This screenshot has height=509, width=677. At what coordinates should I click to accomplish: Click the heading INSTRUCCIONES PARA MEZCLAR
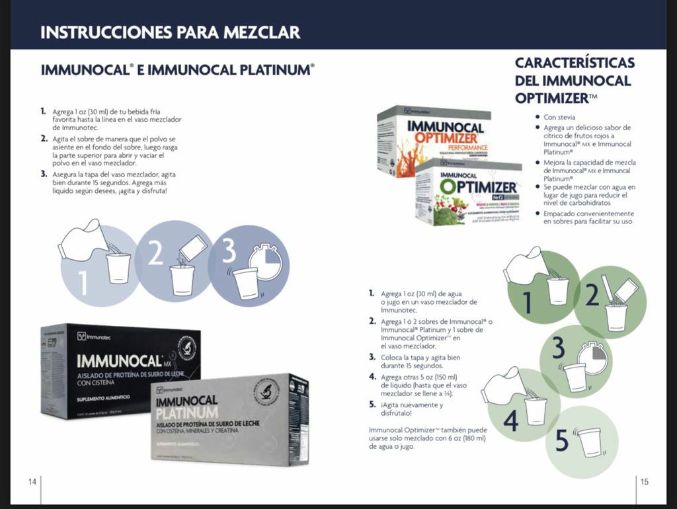pyautogui.click(x=170, y=32)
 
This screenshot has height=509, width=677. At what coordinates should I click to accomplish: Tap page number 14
pyautogui.click(x=32, y=481)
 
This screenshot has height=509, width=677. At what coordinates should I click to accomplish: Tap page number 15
pyautogui.click(x=645, y=481)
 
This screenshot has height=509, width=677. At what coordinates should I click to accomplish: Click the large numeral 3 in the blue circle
pyautogui.click(x=228, y=253)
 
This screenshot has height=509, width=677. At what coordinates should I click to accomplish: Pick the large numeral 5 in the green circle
pyautogui.click(x=562, y=441)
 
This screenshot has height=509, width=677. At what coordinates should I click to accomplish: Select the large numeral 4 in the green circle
pyautogui.click(x=511, y=420)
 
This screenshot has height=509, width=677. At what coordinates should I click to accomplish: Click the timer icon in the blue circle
pyautogui.click(x=265, y=262)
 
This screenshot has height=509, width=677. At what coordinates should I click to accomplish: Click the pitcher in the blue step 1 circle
pyautogui.click(x=79, y=238)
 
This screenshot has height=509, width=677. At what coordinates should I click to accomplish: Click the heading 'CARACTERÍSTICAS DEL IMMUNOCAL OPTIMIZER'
pyautogui.click(x=574, y=81)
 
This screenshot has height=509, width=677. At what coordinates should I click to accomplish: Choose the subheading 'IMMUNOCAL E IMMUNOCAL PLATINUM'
pyautogui.click(x=177, y=69)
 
